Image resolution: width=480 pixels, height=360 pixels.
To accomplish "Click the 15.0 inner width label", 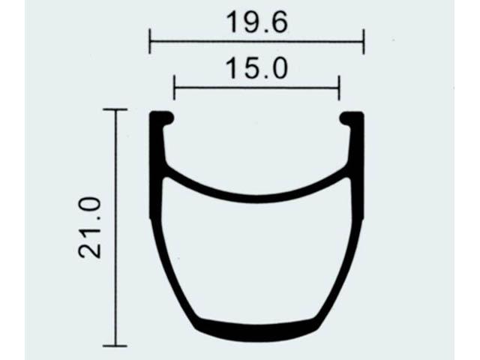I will tap(256, 69).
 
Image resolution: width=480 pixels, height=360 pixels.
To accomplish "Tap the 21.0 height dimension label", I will tap(91, 228).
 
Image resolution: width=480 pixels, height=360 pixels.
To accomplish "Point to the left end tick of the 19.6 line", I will tap(150, 41).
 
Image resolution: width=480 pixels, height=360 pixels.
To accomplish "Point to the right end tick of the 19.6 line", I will tap(363, 41).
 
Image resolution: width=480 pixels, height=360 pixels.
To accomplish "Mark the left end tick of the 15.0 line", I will tap(174, 87).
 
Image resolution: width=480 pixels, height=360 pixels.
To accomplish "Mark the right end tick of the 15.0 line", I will tap(339, 87).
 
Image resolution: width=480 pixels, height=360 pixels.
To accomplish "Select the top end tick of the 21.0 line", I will tap(115, 109).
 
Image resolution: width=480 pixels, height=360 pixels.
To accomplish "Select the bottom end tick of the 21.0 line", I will tap(115, 346).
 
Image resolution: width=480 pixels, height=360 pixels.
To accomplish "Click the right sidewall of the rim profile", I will tap(356, 225).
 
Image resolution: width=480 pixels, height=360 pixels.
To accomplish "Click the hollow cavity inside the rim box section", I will tap(256, 262).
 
